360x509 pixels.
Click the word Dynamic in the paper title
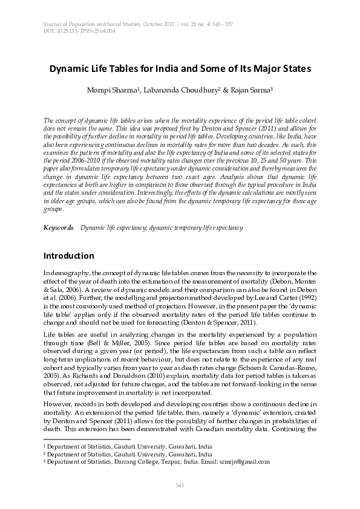[71, 69]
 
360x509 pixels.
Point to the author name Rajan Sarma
[251, 89]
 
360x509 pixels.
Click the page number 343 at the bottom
[179, 485]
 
